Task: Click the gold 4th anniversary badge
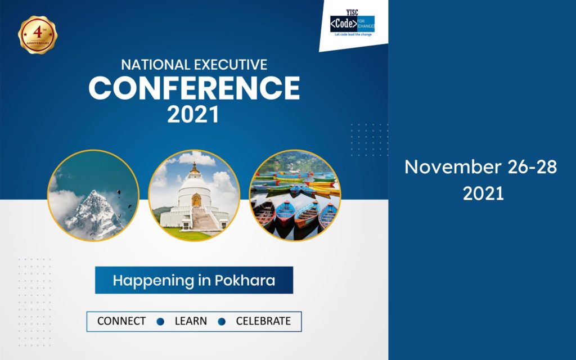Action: [x=38, y=35]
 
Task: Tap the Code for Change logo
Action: [x=352, y=23]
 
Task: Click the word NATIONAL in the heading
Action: [x=156, y=65]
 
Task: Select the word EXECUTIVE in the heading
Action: [x=231, y=65]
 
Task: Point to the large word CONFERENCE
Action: [x=194, y=88]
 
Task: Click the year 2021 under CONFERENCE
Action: [x=193, y=114]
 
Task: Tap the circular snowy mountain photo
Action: [x=93, y=195]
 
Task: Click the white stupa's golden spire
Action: [x=194, y=168]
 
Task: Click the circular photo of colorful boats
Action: [x=295, y=195]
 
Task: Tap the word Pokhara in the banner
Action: [x=245, y=280]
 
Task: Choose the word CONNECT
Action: [x=121, y=321]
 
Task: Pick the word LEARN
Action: [x=191, y=321]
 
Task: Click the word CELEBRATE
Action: [x=263, y=321]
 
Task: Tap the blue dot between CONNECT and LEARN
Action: [x=160, y=321]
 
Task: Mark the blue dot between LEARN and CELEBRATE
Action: [x=222, y=321]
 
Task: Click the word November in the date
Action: [x=453, y=166]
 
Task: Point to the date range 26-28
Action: [x=533, y=166]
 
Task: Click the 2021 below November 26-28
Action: [x=483, y=193]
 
